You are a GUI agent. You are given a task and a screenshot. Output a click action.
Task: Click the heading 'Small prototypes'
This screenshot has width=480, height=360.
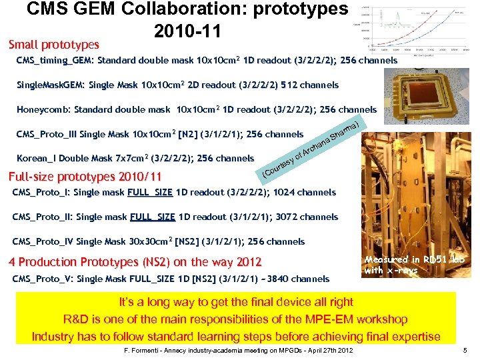click(54, 45)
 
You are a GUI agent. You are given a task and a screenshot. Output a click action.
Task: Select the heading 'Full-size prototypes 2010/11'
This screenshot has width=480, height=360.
click(85, 177)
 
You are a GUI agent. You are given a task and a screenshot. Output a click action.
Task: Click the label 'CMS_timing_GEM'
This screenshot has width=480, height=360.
click(56, 60)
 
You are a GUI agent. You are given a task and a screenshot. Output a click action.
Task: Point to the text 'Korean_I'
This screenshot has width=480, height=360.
click(39, 159)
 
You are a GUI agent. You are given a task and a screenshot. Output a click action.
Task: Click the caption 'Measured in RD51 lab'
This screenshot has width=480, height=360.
click(414, 260)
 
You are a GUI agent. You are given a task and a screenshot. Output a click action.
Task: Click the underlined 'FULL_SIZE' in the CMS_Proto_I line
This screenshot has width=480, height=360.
click(150, 193)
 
